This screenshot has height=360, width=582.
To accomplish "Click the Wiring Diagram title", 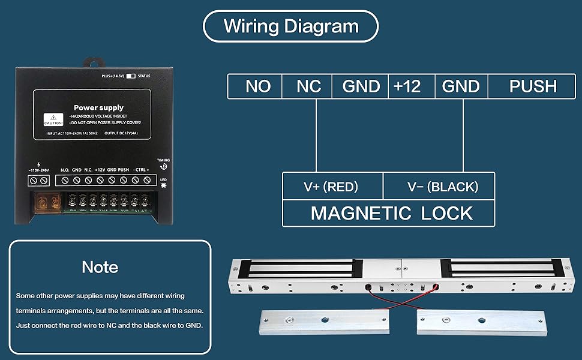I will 291,26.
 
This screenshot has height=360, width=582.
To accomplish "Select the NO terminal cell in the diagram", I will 257,86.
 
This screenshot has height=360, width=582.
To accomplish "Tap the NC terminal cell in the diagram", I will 308,86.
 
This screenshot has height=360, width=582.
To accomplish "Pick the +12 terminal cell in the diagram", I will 407,86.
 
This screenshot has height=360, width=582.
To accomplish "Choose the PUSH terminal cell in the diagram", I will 533,86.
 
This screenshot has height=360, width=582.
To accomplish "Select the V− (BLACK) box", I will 443,187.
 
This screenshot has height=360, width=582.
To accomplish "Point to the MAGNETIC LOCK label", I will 391,213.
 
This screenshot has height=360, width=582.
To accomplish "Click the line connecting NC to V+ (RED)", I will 316,135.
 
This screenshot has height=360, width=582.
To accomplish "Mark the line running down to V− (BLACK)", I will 463,135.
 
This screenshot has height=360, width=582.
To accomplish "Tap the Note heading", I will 100,267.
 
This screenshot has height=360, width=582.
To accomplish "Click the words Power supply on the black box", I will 98,108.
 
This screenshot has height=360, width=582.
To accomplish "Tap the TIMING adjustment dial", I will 163,168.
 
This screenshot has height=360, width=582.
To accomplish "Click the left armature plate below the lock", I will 323,322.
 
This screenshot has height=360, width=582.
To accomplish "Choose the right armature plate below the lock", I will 483,323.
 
